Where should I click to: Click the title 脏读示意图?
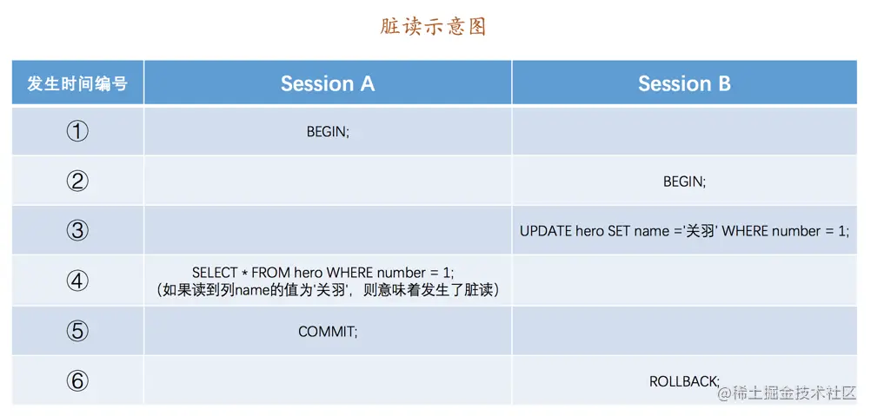click(x=433, y=26)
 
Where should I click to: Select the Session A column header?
click(x=328, y=83)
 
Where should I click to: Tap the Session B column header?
click(x=684, y=83)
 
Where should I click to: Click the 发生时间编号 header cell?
click(x=77, y=83)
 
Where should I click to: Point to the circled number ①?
click(x=77, y=131)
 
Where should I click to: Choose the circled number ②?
click(x=77, y=181)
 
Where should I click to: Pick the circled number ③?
click(x=77, y=230)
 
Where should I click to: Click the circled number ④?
click(x=77, y=281)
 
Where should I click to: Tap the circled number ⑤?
click(x=77, y=331)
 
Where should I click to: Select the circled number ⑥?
click(x=77, y=380)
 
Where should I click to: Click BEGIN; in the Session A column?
click(x=328, y=132)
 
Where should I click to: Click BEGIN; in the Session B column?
click(x=684, y=182)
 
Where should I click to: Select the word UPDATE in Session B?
click(x=546, y=231)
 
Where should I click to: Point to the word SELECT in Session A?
click(x=215, y=273)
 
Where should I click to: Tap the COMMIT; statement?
click(x=328, y=332)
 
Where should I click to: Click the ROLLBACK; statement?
click(x=684, y=381)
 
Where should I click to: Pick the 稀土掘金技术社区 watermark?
click(x=787, y=393)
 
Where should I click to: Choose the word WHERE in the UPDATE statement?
click(x=745, y=231)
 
